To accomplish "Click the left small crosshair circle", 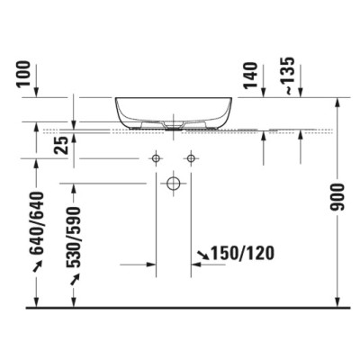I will [156, 159].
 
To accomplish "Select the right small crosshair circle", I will [191, 159].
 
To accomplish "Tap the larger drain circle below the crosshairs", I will [174, 184].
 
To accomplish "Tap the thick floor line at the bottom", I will [180, 307].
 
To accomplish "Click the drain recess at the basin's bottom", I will [174, 123].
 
